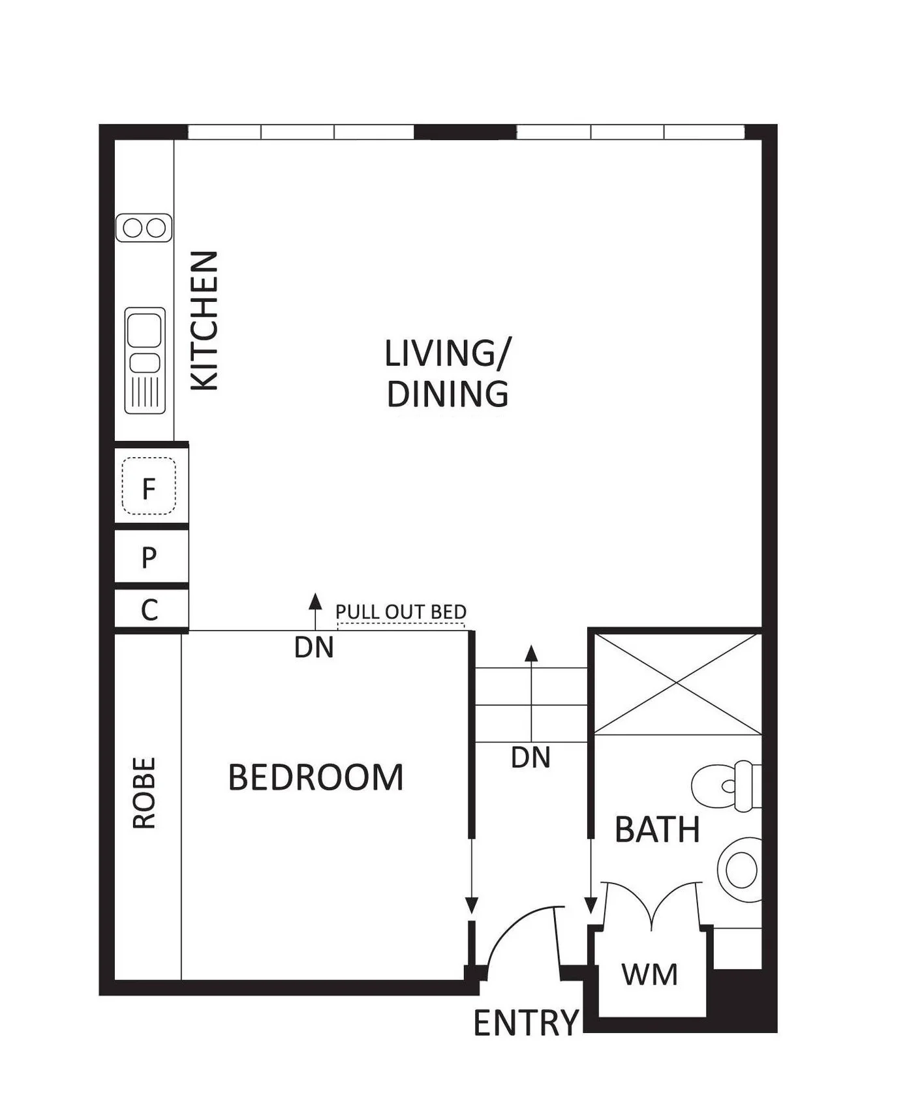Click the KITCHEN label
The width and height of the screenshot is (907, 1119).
click(x=204, y=321)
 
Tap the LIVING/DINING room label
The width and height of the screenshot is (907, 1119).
click(x=448, y=374)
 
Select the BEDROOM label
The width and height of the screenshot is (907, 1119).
click(x=316, y=777)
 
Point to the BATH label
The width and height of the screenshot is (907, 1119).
click(x=657, y=829)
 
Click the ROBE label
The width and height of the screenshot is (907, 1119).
click(x=144, y=793)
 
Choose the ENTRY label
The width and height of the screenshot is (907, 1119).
click(x=526, y=1022)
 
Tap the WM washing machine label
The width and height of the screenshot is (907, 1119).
click(x=649, y=974)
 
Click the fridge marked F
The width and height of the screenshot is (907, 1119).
click(x=149, y=486)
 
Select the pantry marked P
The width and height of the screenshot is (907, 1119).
click(x=149, y=557)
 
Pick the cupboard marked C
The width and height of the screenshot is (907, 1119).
click(x=149, y=610)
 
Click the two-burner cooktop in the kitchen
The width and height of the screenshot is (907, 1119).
click(x=144, y=228)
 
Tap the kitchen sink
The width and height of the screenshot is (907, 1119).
click(x=145, y=360)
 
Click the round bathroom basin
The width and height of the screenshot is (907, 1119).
click(x=740, y=870)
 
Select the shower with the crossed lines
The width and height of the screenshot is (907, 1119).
click(x=677, y=683)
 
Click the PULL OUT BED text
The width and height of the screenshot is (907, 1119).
click(x=401, y=612)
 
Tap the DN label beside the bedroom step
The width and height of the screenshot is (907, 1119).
click(x=314, y=648)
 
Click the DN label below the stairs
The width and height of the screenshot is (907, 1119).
click(x=530, y=758)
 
